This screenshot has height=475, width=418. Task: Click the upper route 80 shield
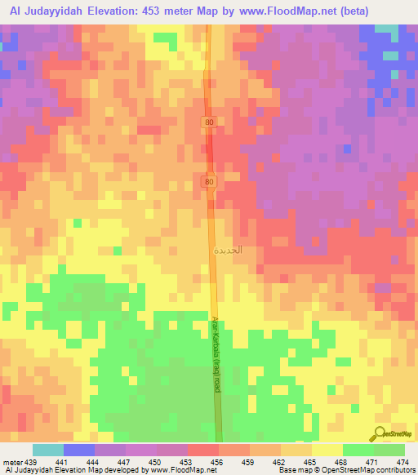point(210,122)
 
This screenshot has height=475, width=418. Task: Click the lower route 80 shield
point(210,180)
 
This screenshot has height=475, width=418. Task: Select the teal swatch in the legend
point(48,450)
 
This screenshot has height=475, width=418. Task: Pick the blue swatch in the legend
point(79,450)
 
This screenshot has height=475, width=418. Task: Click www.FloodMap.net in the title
point(275,11)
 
